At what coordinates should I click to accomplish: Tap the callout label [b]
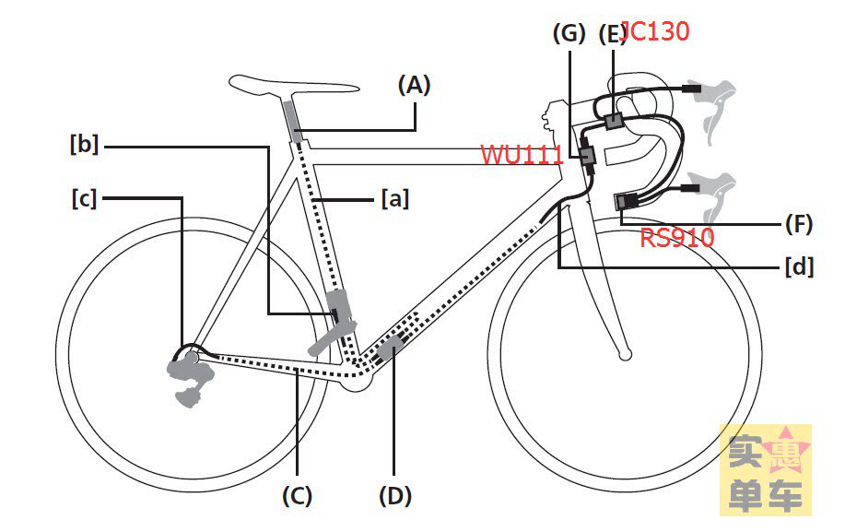pyautogui.click(x=84, y=145)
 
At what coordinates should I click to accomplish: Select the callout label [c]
pyautogui.click(x=84, y=197)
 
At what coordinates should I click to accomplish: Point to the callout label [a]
pyautogui.click(x=395, y=197)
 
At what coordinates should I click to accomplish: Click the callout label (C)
pyautogui.click(x=297, y=496)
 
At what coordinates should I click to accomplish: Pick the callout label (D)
pyautogui.click(x=394, y=496)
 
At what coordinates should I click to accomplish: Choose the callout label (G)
pyautogui.click(x=569, y=34)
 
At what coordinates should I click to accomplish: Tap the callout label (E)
pyautogui.click(x=612, y=34)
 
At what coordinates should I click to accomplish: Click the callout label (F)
pyautogui.click(x=798, y=223)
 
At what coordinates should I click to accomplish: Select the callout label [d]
pyautogui.click(x=798, y=267)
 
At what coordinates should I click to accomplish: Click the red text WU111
pyautogui.click(x=522, y=154)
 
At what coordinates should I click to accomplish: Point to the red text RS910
pyautogui.click(x=677, y=238)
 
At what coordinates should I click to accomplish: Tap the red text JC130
pyautogui.click(x=656, y=31)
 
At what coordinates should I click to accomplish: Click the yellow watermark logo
pyautogui.click(x=765, y=469)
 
